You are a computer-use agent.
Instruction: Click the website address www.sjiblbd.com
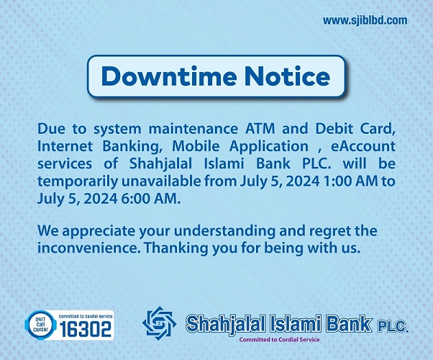click(x=365, y=20)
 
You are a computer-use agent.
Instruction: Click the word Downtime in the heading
click(x=169, y=76)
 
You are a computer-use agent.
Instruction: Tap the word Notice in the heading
click(x=287, y=76)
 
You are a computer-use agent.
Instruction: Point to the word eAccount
click(x=363, y=146)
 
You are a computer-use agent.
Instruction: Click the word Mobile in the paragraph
click(x=196, y=146)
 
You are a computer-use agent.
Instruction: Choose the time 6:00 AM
click(x=151, y=199)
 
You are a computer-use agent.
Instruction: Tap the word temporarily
click(x=78, y=181)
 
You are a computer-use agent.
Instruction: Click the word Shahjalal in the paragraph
click(x=160, y=164)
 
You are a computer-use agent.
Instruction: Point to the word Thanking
click(x=177, y=248)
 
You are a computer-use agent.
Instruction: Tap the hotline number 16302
click(x=86, y=329)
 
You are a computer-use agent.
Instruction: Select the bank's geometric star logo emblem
click(x=160, y=323)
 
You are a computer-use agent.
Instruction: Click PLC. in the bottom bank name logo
click(x=392, y=327)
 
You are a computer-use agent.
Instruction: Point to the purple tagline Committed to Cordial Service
click(x=279, y=340)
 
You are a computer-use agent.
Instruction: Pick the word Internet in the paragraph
click(x=65, y=146)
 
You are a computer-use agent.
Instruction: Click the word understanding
click(x=225, y=231)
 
